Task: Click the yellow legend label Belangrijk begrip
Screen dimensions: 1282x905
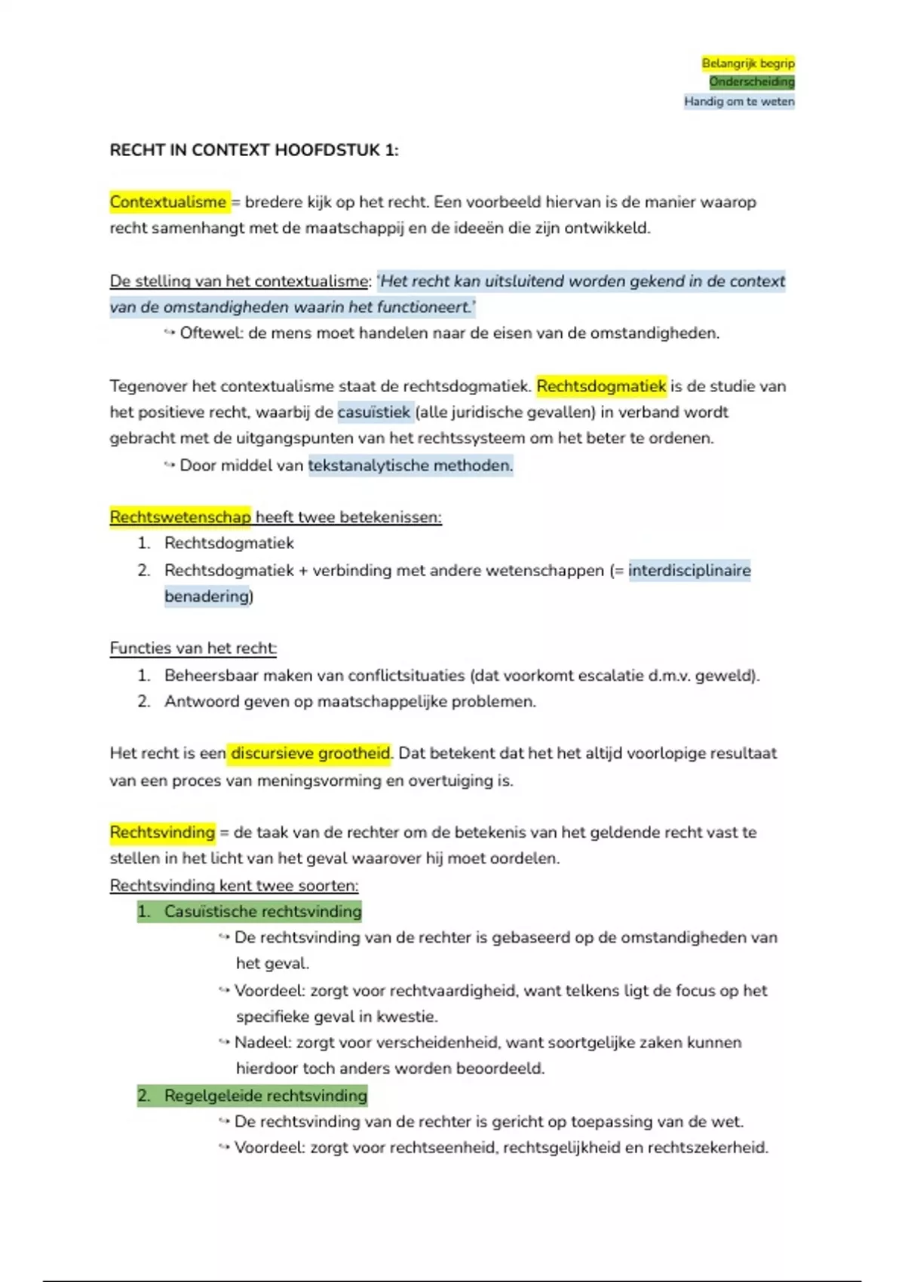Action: pyautogui.click(x=747, y=63)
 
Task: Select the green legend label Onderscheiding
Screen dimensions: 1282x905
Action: pyautogui.click(x=751, y=81)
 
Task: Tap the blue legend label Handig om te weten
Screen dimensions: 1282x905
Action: pyautogui.click(x=739, y=101)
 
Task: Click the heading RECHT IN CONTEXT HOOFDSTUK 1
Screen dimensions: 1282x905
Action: pyautogui.click(x=253, y=150)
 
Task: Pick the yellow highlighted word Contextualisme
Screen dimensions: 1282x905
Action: pyautogui.click(x=167, y=202)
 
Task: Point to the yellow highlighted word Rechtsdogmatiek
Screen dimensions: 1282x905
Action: pyautogui.click(x=601, y=386)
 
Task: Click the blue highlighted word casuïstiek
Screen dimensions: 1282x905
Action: pyautogui.click(x=374, y=413)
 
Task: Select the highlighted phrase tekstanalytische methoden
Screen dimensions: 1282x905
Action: pyautogui.click(x=410, y=465)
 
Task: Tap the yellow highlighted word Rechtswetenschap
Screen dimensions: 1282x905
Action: pyautogui.click(x=179, y=517)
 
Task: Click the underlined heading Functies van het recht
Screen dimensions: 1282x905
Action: pyautogui.click(x=193, y=649)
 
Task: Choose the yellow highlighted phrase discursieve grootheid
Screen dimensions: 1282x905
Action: pyautogui.click(x=310, y=753)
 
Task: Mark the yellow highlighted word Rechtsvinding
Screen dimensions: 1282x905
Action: pyautogui.click(x=162, y=833)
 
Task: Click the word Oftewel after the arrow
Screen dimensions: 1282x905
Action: pyautogui.click(x=210, y=333)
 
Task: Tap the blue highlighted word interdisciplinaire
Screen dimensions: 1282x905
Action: pyautogui.click(x=689, y=571)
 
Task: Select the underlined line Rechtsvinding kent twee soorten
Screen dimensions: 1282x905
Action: pyautogui.click(x=234, y=885)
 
